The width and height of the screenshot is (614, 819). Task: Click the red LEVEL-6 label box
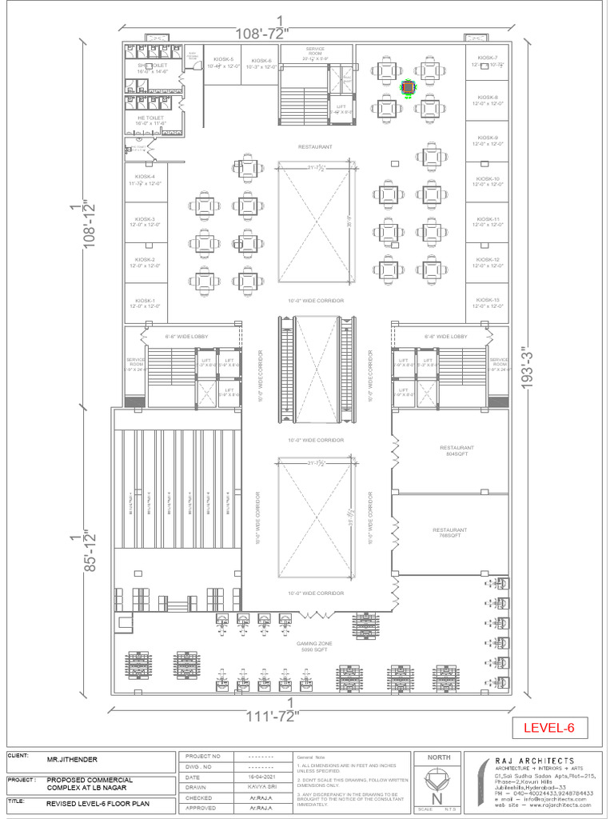coord(549,728)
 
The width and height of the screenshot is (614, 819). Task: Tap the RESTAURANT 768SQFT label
coord(449,533)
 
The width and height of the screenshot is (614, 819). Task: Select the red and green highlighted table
coord(409,86)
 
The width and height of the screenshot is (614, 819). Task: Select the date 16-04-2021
coord(257,777)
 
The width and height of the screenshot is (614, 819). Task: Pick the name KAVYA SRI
coord(257,787)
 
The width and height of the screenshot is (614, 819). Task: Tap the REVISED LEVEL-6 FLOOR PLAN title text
coord(98,802)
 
